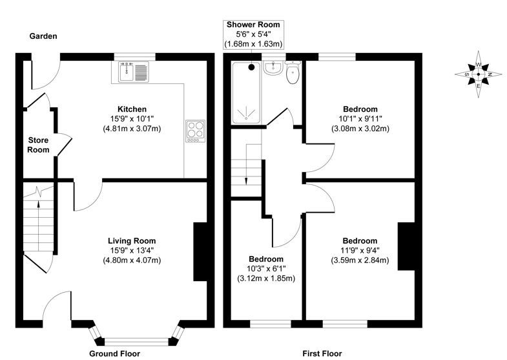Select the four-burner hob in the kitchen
194,131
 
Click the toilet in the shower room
293,73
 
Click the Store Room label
39,145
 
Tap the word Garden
43,37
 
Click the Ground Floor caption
114,354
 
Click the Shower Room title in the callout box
253,25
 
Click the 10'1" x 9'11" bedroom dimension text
360,119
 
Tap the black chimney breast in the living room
200,252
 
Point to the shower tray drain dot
252,66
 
